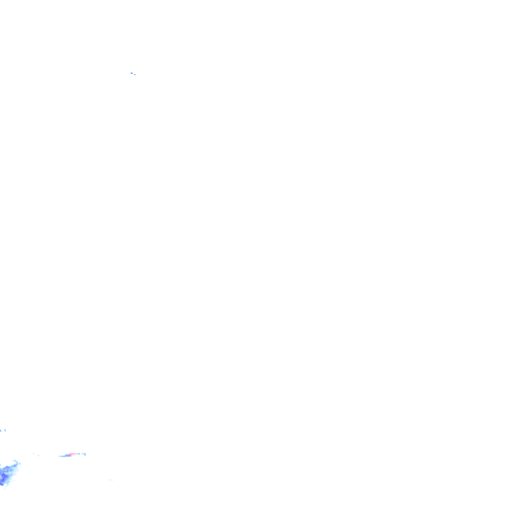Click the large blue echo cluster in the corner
coord(7,472)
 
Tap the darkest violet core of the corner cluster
coord(3,476)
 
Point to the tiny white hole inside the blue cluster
coord(10,473)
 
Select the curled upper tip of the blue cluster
coord(15,461)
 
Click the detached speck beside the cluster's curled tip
coord(20,464)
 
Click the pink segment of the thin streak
coord(73,454)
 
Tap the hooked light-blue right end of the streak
coord(84,454)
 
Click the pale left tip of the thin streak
coord(60,456)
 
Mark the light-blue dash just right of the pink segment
coord(79,454)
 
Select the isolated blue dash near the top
coord(132,73)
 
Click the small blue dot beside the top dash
coord(135,74)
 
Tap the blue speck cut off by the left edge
coord(1,431)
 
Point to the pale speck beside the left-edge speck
coord(5,430)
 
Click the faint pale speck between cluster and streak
coord(38,455)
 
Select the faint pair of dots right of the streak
coord(111,480)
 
